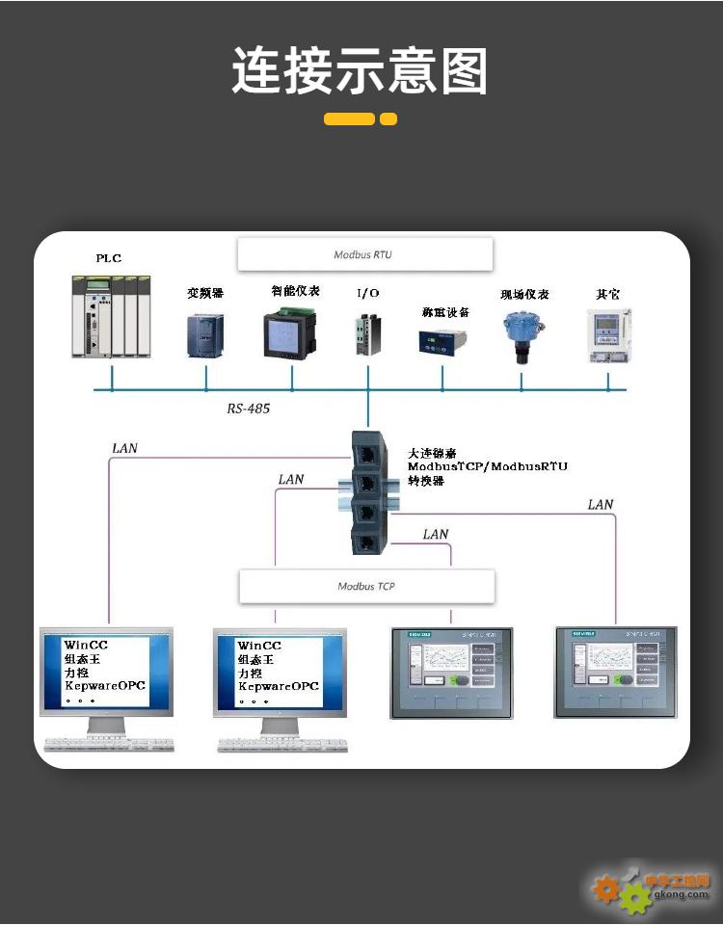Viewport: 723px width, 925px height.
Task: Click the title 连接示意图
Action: click(360, 71)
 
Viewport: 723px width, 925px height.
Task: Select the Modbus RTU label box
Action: click(364, 255)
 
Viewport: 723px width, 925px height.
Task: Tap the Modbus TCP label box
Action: click(366, 586)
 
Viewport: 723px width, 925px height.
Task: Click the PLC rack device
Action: click(111, 316)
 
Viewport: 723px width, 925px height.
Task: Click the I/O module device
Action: click(367, 335)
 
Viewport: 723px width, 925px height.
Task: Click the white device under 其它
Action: click(609, 335)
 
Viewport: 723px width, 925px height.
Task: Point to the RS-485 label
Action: click(249, 409)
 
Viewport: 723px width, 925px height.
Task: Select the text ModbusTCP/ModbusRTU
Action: click(487, 466)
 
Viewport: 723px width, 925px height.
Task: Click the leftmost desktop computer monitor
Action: click(106, 672)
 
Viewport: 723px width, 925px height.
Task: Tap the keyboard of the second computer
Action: click(281, 745)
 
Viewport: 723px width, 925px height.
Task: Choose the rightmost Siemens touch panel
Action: click(615, 672)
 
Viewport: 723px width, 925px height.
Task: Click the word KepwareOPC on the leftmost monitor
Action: click(104, 686)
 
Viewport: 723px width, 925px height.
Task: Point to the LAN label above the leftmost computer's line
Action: click(124, 448)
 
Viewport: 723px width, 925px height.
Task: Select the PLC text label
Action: click(108, 258)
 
